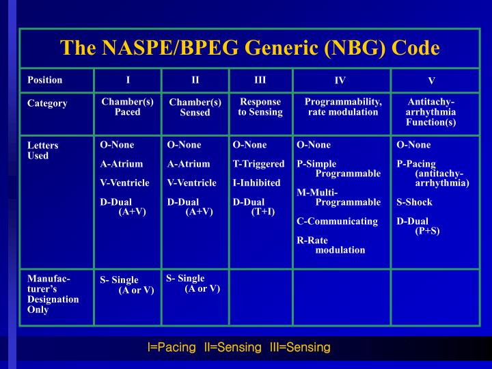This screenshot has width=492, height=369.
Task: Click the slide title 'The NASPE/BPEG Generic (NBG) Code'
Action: click(x=250, y=48)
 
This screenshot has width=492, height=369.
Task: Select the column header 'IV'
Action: click(x=340, y=81)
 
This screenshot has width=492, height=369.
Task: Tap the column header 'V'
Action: click(x=431, y=81)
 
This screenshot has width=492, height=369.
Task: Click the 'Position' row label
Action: click(x=44, y=80)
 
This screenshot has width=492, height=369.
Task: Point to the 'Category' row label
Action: click(x=47, y=104)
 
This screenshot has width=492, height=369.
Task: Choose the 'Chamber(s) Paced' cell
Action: click(x=127, y=107)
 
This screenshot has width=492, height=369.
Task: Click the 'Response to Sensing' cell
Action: click(x=260, y=107)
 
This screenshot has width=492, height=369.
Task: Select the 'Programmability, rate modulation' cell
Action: click(x=343, y=107)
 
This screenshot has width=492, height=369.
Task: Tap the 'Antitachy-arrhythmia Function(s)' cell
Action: click(x=430, y=112)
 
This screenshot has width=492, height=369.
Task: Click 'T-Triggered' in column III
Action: click(x=258, y=164)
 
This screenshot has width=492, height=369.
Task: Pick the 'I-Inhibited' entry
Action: click(x=256, y=183)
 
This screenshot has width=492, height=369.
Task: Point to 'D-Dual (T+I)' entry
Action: click(x=254, y=207)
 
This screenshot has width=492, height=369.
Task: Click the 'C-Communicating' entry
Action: click(x=337, y=221)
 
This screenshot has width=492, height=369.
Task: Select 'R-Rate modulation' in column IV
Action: click(x=331, y=245)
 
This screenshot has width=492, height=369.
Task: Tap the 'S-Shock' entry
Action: click(x=414, y=202)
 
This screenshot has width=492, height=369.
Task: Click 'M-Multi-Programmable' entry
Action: click(x=338, y=197)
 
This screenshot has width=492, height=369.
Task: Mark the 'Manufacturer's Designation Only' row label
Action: click(x=53, y=294)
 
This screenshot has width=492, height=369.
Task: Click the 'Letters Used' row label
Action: click(x=42, y=150)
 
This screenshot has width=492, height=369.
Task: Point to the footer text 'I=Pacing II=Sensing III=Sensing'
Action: click(x=239, y=347)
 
